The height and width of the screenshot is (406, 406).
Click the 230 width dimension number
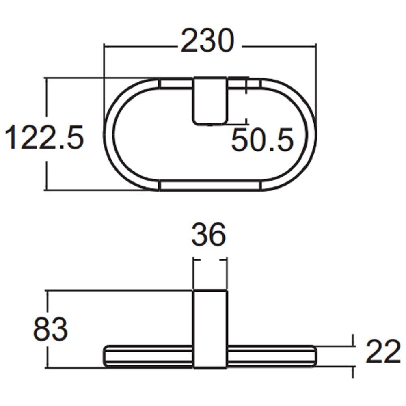click(x=207, y=40)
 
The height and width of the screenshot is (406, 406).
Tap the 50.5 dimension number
click(x=262, y=139)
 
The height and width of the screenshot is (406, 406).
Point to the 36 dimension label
click(x=209, y=234)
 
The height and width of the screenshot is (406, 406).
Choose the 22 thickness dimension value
click(x=383, y=352)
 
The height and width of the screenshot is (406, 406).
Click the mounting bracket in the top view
click(x=210, y=101)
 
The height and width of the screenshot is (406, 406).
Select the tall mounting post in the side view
click(x=210, y=329)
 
